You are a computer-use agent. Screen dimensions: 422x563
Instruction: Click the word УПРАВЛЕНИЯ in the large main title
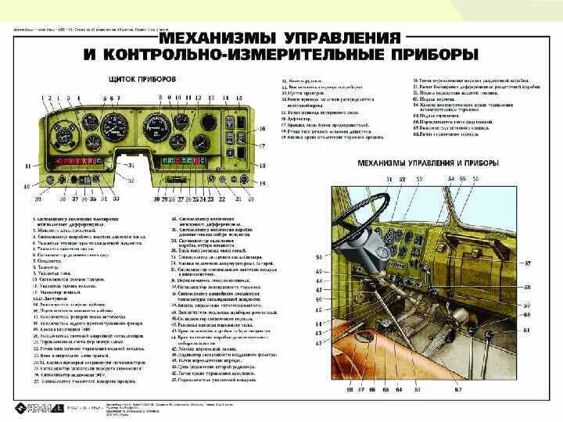326,38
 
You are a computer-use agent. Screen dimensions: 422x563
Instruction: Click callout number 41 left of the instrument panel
27,166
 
